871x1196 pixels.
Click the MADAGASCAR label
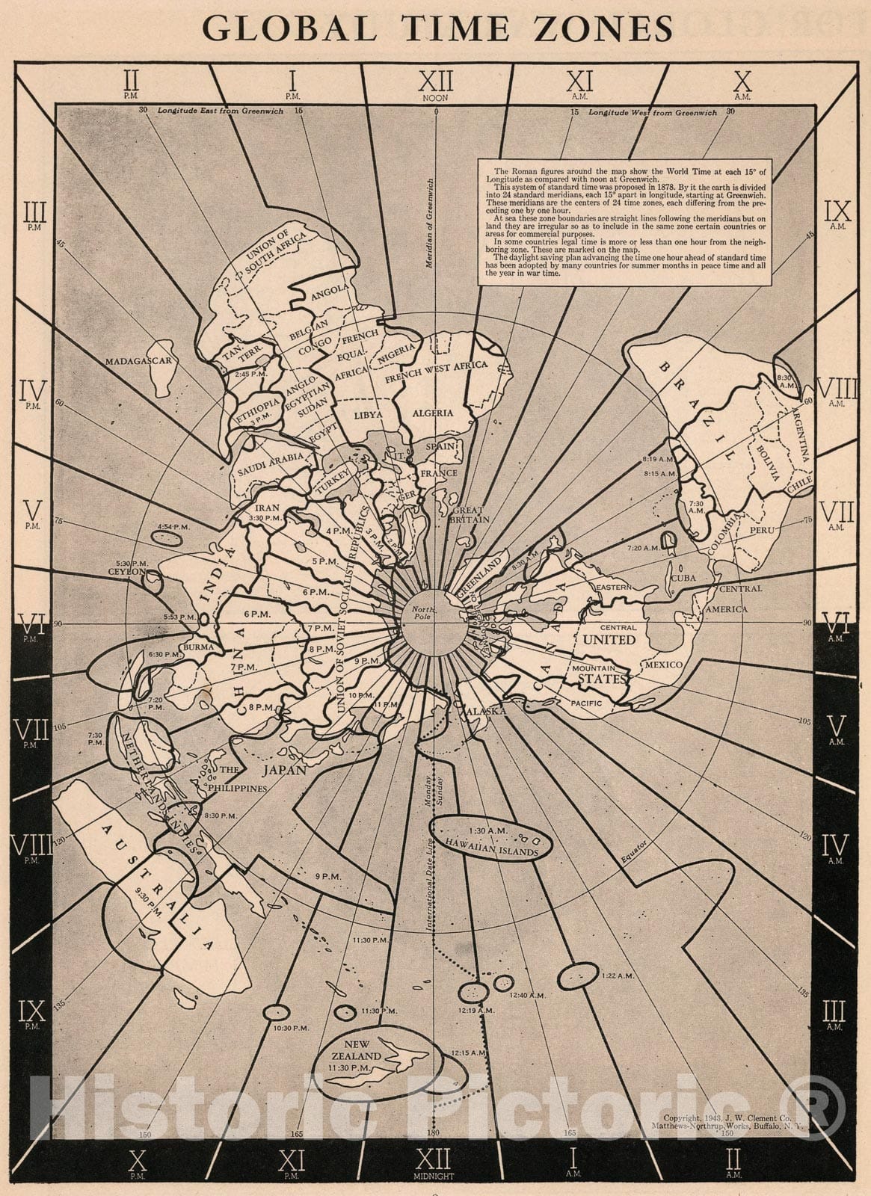pos(139,361)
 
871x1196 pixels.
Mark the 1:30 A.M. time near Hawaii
pos(488,830)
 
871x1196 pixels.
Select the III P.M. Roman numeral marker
pos(34,216)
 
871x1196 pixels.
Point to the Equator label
pos(632,852)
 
